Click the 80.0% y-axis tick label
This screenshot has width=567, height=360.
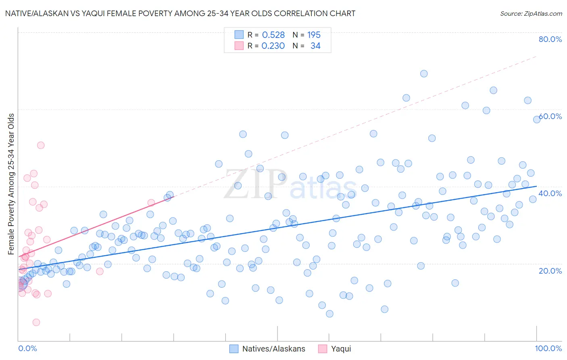(550, 39)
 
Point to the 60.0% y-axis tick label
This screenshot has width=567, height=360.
(550, 116)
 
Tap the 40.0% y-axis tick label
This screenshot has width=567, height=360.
(550, 193)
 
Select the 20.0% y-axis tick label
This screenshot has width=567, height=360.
(550, 270)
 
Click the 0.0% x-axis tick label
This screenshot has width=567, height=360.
(27, 348)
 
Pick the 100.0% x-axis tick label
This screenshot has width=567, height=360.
(548, 348)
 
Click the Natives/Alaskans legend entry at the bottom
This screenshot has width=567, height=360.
(273, 349)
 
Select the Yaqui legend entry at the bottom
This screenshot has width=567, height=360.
(341, 349)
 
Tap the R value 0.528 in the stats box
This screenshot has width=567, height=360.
(273, 35)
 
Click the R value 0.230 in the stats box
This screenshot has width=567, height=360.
(273, 46)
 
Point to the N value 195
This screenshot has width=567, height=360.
(314, 35)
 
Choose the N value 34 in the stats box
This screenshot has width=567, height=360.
(315, 46)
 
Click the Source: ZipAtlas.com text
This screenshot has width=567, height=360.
(531, 13)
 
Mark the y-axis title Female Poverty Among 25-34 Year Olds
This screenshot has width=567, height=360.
(11, 184)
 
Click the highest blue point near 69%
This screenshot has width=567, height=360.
(424, 73)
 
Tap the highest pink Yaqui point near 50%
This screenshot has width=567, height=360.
(41, 145)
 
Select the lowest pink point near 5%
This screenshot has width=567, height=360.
(36, 322)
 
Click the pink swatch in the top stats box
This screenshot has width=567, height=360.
(239, 46)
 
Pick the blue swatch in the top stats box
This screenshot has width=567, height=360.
(239, 35)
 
